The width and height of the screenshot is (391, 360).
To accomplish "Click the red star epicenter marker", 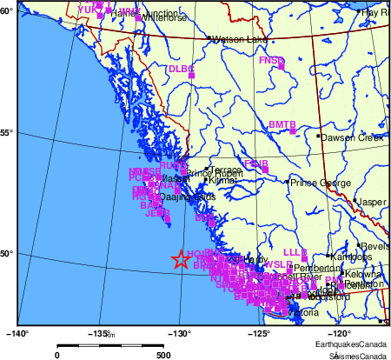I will pyautogui.click(x=181, y=259).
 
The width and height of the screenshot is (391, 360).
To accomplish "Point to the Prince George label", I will pyautogui.click(x=318, y=183).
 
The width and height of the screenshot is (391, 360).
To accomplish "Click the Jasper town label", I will pyautogui.click(x=372, y=202).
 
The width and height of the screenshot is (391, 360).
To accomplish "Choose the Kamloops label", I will pyautogui.click(x=353, y=257).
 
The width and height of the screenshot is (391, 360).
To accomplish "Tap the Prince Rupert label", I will pyautogui.click(x=212, y=173).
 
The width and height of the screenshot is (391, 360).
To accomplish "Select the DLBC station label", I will pyautogui.click(x=180, y=69).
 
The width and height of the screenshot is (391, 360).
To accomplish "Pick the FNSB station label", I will pyautogui.click(x=271, y=60).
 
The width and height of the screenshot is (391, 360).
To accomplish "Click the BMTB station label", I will pyautogui.click(x=282, y=125).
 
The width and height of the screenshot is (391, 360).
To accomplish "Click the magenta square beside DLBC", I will pyautogui.click(x=191, y=76).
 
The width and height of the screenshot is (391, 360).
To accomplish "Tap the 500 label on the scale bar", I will pyautogui.click(x=162, y=355).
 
